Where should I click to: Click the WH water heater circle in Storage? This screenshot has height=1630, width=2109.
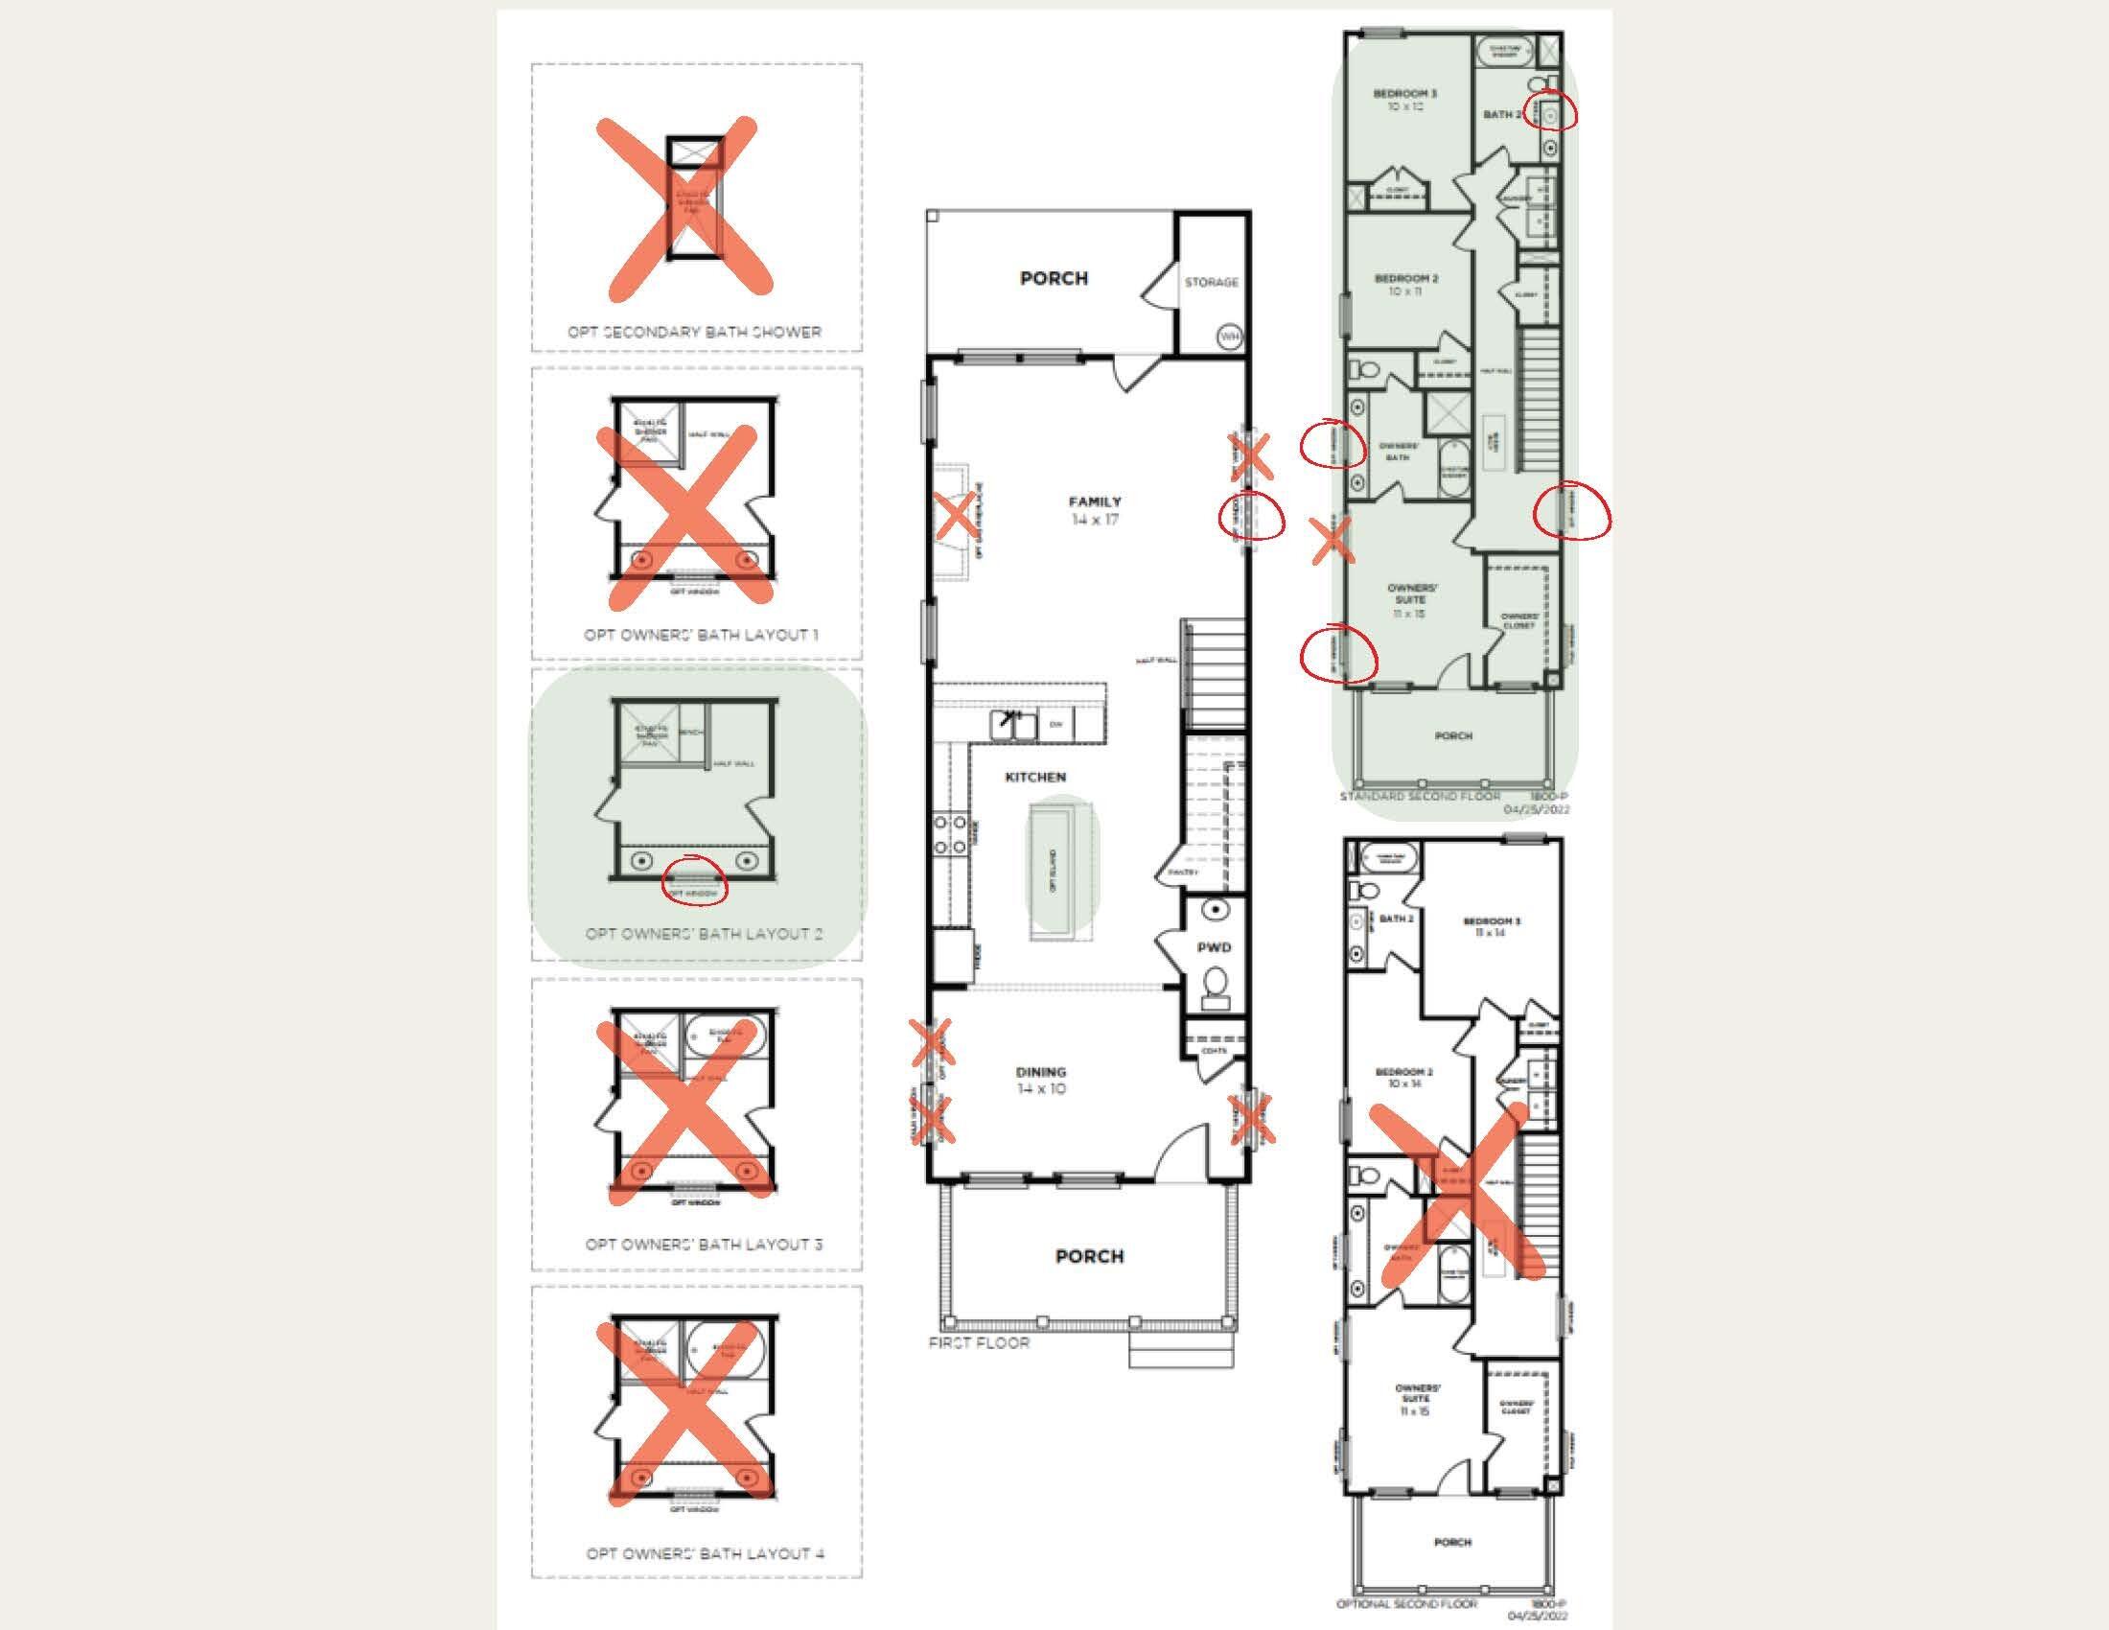click(1228, 337)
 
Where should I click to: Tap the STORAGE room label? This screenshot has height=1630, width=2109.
click(1211, 282)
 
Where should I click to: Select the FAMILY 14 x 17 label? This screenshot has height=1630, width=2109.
click(1094, 510)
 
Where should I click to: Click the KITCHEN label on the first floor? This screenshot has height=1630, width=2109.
click(1035, 777)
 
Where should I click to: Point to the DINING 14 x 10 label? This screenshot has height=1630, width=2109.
click(1040, 1080)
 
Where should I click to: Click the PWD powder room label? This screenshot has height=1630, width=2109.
click(1214, 947)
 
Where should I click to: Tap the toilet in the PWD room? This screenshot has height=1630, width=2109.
click(1216, 987)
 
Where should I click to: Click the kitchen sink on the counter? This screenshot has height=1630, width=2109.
click(1013, 723)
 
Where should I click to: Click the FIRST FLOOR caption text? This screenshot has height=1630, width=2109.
click(979, 1343)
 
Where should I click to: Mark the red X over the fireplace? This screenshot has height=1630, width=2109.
click(956, 517)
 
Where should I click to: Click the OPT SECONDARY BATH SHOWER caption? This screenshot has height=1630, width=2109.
click(694, 332)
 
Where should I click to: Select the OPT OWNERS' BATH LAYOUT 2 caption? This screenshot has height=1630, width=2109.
click(704, 934)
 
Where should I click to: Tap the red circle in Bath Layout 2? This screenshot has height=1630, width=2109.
click(694, 880)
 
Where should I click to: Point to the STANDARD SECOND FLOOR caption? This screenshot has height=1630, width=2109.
click(1419, 796)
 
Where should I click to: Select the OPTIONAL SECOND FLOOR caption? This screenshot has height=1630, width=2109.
click(1406, 1603)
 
